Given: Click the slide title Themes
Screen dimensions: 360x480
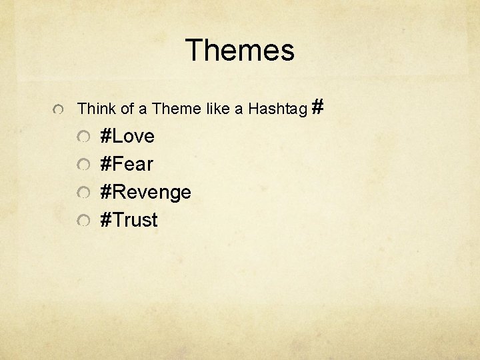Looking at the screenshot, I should tap(239, 51).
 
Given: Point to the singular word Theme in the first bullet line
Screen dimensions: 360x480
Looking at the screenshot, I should tap(174, 108).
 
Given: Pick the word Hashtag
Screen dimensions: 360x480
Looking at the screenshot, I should tap(277, 108).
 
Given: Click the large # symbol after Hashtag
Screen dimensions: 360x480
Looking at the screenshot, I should tap(318, 105).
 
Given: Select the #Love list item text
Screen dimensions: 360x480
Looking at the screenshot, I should tap(127, 137).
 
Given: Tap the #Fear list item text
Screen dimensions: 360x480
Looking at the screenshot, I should tap(126, 164).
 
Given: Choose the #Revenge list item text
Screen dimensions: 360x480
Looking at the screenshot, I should tap(145, 193).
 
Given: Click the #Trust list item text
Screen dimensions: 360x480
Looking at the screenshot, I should tap(129, 220).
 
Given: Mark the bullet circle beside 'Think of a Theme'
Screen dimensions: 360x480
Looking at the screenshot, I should tap(59, 109).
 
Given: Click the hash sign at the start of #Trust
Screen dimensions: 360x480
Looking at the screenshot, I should tap(105, 220).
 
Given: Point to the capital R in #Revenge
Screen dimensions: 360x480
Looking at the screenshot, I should tap(117, 192).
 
